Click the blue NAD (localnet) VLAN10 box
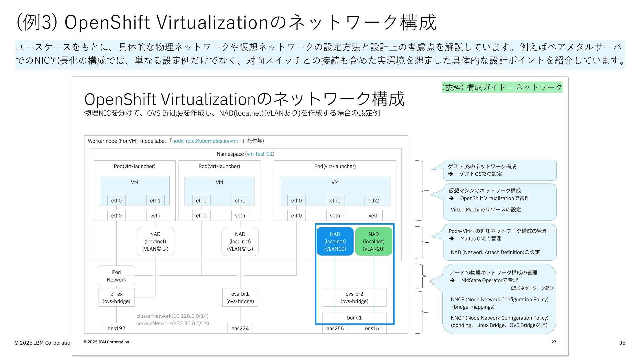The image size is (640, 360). [335, 241]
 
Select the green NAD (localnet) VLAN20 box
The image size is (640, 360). [374, 241]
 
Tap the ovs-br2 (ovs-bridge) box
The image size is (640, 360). [354, 297]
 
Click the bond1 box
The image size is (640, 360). [354, 317]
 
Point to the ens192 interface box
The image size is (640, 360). [116, 328]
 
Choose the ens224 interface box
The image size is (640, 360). [240, 328]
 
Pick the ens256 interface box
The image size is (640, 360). [335, 328]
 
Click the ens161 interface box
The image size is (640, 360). [374, 328]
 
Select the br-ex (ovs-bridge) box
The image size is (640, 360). [116, 297]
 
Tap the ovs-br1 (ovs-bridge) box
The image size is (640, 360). [240, 297]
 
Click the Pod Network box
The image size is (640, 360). [116, 276]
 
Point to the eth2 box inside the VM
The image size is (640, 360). [374, 200]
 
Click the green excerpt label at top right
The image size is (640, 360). [502, 87]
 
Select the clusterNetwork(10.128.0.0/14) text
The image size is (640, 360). [172, 316]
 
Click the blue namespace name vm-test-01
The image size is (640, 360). [260, 154]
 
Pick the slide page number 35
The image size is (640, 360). [622, 343]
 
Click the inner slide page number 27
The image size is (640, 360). [554, 342]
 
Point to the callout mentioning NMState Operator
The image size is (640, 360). [499, 299]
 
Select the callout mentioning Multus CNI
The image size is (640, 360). [499, 242]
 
